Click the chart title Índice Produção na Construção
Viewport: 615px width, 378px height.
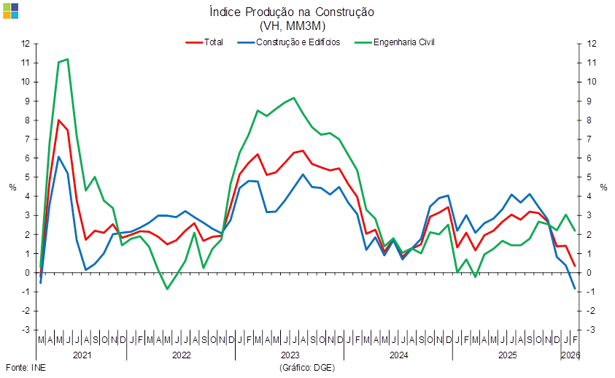pos(291,12)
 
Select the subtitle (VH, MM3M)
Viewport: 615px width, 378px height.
pos(291,26)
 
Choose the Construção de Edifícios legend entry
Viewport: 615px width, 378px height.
pos(298,42)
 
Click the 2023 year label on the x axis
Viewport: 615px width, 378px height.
pos(290,356)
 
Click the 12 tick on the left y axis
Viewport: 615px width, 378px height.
pos(26,43)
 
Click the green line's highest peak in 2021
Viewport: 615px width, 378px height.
pos(67,59)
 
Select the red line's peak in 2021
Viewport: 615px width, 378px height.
pos(58,120)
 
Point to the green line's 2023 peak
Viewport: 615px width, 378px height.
pos(293,98)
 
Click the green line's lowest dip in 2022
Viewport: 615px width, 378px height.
pos(167,289)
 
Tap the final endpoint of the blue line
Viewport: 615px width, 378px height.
pos(575,289)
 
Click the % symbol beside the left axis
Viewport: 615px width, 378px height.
pos(12,187)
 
